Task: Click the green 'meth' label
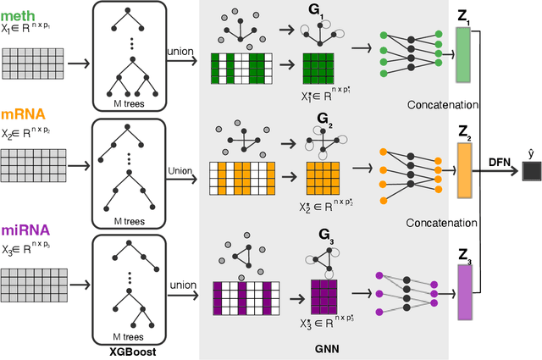coord(22,11)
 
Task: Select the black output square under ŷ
coord(532,173)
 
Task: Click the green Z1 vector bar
coord(462,55)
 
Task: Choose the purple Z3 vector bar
coord(462,291)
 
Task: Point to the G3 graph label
coord(324,252)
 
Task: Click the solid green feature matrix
coord(322,69)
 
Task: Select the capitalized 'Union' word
coord(179,170)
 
